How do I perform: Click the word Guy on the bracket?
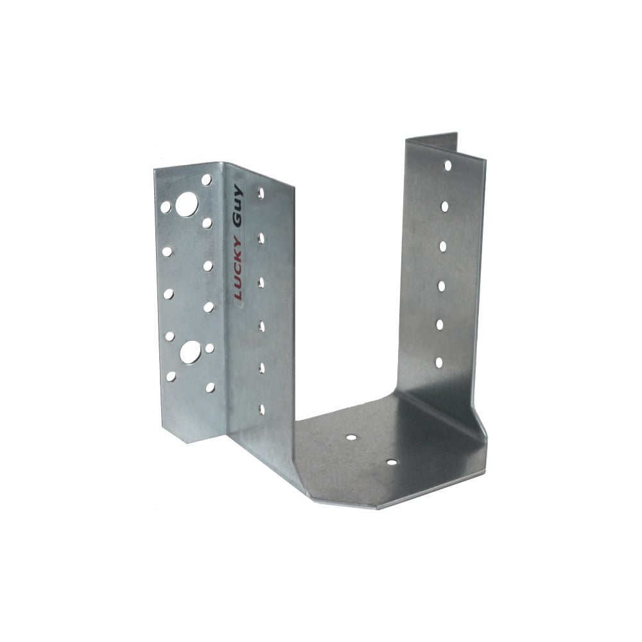[x=237, y=205]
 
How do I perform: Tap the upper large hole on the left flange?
[x=187, y=204]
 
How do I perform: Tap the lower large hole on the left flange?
[x=190, y=352]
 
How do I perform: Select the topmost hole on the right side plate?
[x=448, y=166]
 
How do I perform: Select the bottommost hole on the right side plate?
[x=439, y=363]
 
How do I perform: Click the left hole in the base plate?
[x=351, y=437]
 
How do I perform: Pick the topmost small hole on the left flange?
[x=206, y=179]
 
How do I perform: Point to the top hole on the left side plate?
[x=261, y=194]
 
